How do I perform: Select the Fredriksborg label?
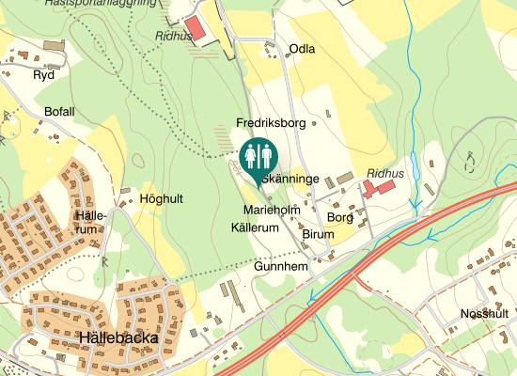tap(272, 123)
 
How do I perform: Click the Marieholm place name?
tap(271, 209)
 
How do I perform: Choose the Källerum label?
tap(255, 228)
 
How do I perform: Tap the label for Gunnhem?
tap(281, 267)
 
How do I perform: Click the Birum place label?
tap(319, 234)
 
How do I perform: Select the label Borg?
tap(339, 216)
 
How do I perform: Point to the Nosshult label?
tap(484, 313)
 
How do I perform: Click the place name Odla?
tap(302, 49)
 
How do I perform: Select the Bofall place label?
tap(59, 111)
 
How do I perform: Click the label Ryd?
tap(43, 74)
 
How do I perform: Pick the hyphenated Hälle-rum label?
tap(86, 222)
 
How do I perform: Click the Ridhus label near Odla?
tap(173, 36)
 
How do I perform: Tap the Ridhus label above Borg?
tap(385, 174)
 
